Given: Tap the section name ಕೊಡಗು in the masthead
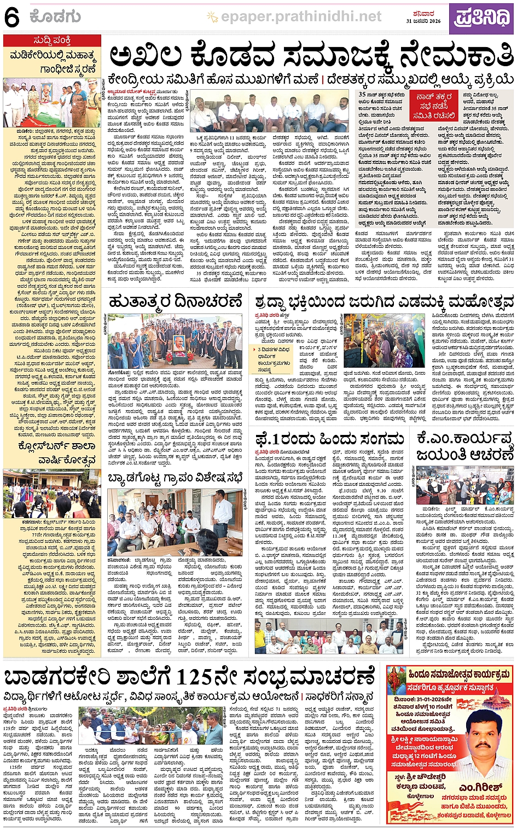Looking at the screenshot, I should [x=56, y=17].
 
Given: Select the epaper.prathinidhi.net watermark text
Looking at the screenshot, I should [x=301, y=17].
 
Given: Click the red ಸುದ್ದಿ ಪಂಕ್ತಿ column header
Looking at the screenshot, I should [x=52, y=40].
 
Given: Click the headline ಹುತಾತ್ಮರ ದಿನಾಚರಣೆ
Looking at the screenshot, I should [x=175, y=301].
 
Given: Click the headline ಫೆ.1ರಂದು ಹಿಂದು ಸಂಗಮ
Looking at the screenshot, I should [x=329, y=438].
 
